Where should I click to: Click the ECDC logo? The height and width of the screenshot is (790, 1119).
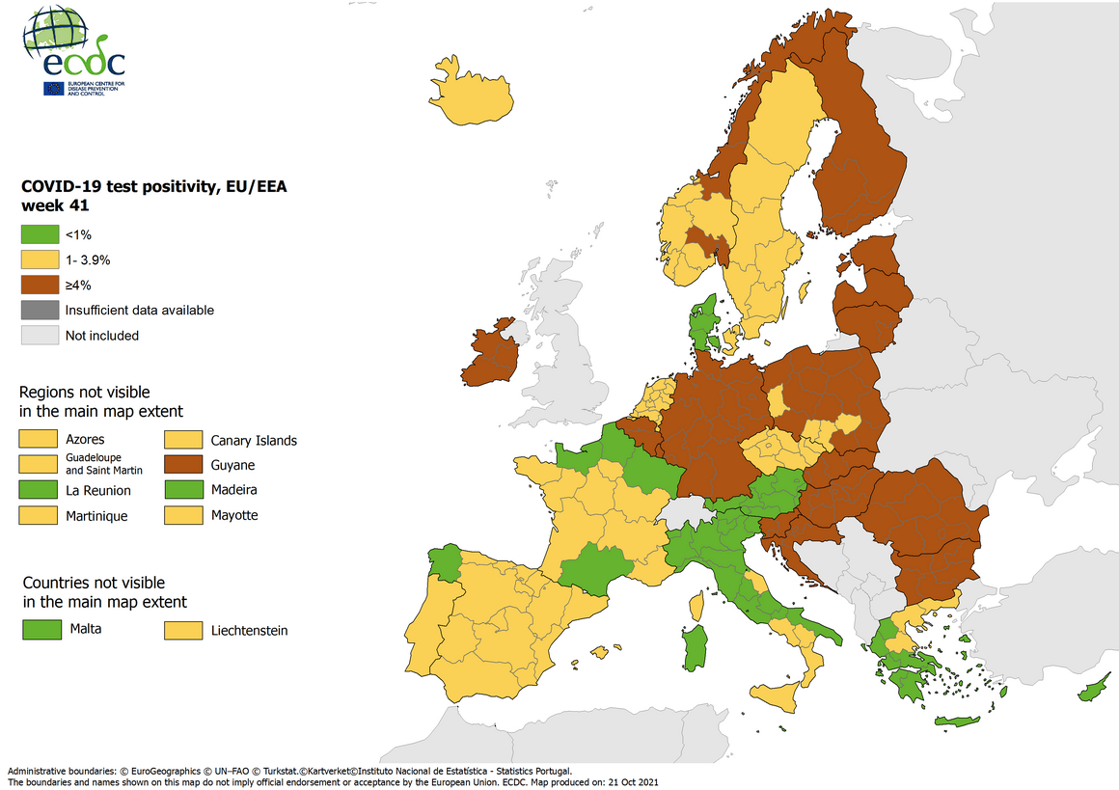pos(75,50)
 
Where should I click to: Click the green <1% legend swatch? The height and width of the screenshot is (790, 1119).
pos(39,234)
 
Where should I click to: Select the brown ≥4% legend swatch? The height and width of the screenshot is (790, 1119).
pos(39,285)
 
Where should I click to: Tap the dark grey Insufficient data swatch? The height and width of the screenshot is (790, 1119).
pos(39,310)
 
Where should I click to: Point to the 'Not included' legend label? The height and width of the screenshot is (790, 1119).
pos(102,336)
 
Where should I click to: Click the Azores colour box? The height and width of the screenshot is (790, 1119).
pos(39,440)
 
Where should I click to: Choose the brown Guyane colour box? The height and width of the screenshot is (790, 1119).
pos(182,465)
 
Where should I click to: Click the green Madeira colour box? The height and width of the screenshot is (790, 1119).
pos(182,490)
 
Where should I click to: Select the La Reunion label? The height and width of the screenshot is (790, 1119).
pos(98,490)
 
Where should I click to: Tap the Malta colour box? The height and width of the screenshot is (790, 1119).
pos(39,630)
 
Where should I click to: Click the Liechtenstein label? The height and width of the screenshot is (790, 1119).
pos(249,631)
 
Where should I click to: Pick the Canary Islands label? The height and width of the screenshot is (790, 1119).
pos(254,441)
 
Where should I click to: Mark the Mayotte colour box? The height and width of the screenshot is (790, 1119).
pos(182,515)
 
